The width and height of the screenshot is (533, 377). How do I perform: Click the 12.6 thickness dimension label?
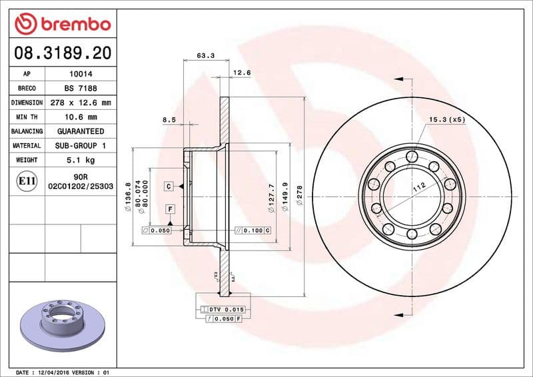(x=241, y=73)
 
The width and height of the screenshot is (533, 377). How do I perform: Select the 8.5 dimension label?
(x=169, y=120)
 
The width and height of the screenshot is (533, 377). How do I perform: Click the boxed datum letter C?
(x=169, y=186)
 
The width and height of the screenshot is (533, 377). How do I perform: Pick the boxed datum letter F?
(x=171, y=209)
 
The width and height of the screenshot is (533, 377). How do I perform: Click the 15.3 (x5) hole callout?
(x=447, y=119)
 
